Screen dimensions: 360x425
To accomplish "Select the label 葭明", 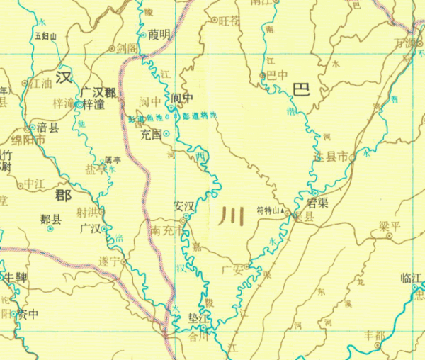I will pyautogui.click(x=159, y=34).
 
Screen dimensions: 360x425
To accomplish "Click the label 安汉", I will pyautogui.click(x=184, y=206).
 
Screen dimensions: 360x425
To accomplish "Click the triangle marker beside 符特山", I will pyautogui.click(x=283, y=210).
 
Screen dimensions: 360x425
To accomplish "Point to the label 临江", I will pyautogui.click(x=411, y=277).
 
